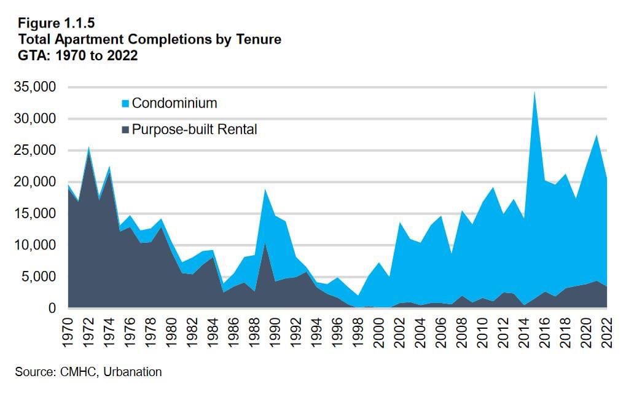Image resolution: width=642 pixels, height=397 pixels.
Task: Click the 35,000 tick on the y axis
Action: click(39, 87)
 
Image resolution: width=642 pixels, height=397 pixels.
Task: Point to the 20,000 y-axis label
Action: click(39, 182)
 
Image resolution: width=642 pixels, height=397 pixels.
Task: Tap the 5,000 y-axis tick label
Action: click(43, 277)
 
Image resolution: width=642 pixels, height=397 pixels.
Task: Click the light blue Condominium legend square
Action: click(126, 104)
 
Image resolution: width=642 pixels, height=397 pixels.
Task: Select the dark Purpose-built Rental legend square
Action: click(126, 130)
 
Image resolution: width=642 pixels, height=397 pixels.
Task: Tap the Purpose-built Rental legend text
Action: click(194, 130)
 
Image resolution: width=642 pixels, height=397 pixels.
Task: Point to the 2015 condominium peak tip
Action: click(534, 92)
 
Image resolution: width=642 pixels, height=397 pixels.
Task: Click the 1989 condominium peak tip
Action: click(265, 189)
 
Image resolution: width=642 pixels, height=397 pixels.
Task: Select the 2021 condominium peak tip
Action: click(596, 135)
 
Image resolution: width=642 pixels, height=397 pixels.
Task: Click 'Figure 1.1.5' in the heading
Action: click(57, 25)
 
